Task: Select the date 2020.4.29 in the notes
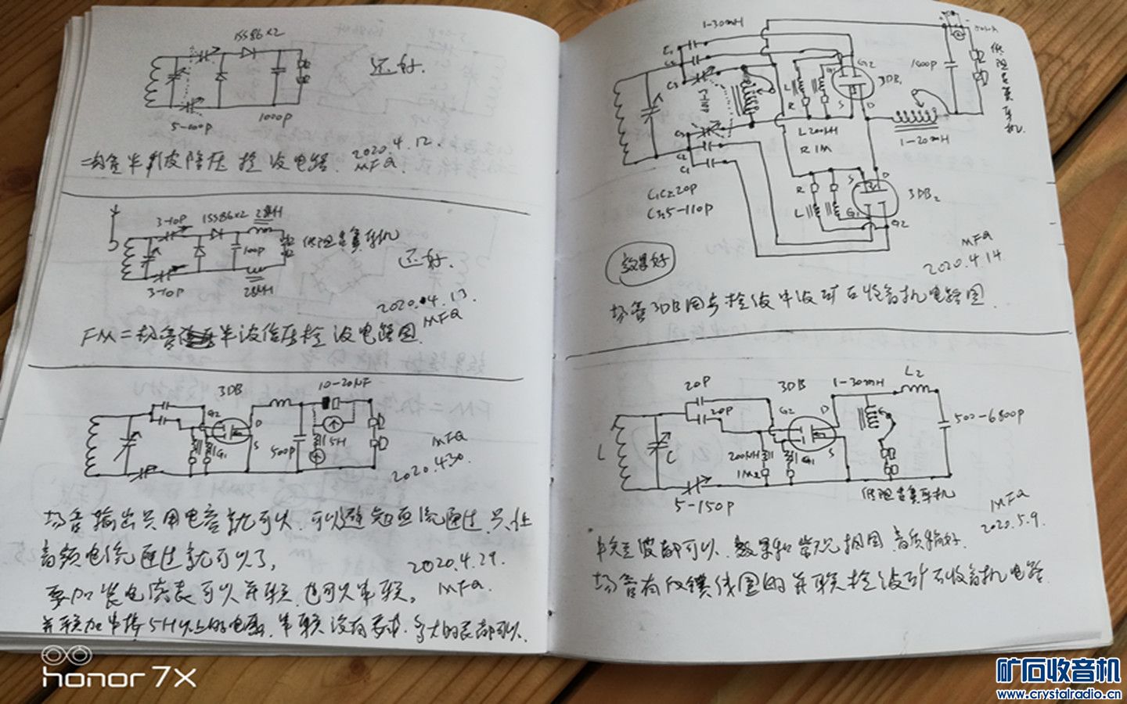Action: tap(454, 562)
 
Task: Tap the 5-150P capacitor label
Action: tap(703, 507)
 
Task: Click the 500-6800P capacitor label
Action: tap(988, 416)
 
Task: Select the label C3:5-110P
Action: tap(680, 210)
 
